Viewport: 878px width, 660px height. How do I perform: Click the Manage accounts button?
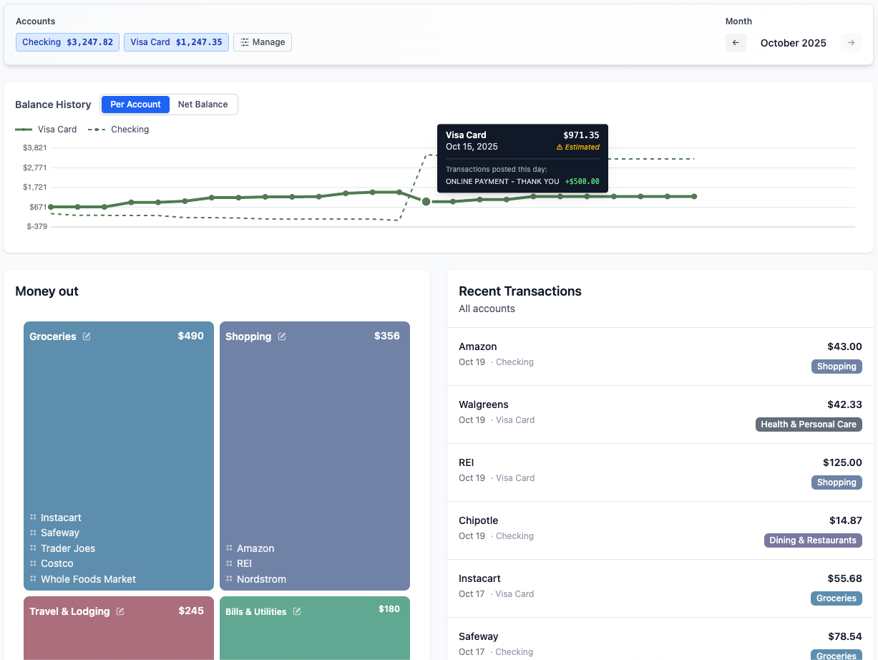point(263,42)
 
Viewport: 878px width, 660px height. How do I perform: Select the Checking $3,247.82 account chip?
point(67,42)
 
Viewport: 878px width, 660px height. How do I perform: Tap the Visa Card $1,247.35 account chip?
point(176,42)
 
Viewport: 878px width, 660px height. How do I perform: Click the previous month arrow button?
point(736,43)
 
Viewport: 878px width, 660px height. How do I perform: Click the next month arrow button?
point(851,43)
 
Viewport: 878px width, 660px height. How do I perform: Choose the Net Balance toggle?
point(203,105)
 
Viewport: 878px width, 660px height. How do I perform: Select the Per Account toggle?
point(135,105)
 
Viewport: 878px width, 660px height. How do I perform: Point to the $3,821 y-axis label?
point(35,148)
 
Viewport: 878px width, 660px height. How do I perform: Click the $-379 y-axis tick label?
point(36,227)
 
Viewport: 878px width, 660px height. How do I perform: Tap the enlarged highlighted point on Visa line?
point(426,202)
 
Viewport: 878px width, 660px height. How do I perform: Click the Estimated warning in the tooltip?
point(578,147)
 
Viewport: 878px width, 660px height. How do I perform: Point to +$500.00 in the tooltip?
point(582,182)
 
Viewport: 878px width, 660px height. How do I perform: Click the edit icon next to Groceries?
point(87,336)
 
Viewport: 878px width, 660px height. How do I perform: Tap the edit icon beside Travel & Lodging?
point(120,611)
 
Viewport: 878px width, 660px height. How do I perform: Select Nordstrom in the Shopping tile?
point(261,579)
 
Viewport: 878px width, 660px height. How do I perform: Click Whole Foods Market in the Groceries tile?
point(88,579)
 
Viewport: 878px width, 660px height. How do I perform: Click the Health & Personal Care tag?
point(808,424)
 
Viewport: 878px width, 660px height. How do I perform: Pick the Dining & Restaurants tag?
point(812,540)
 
